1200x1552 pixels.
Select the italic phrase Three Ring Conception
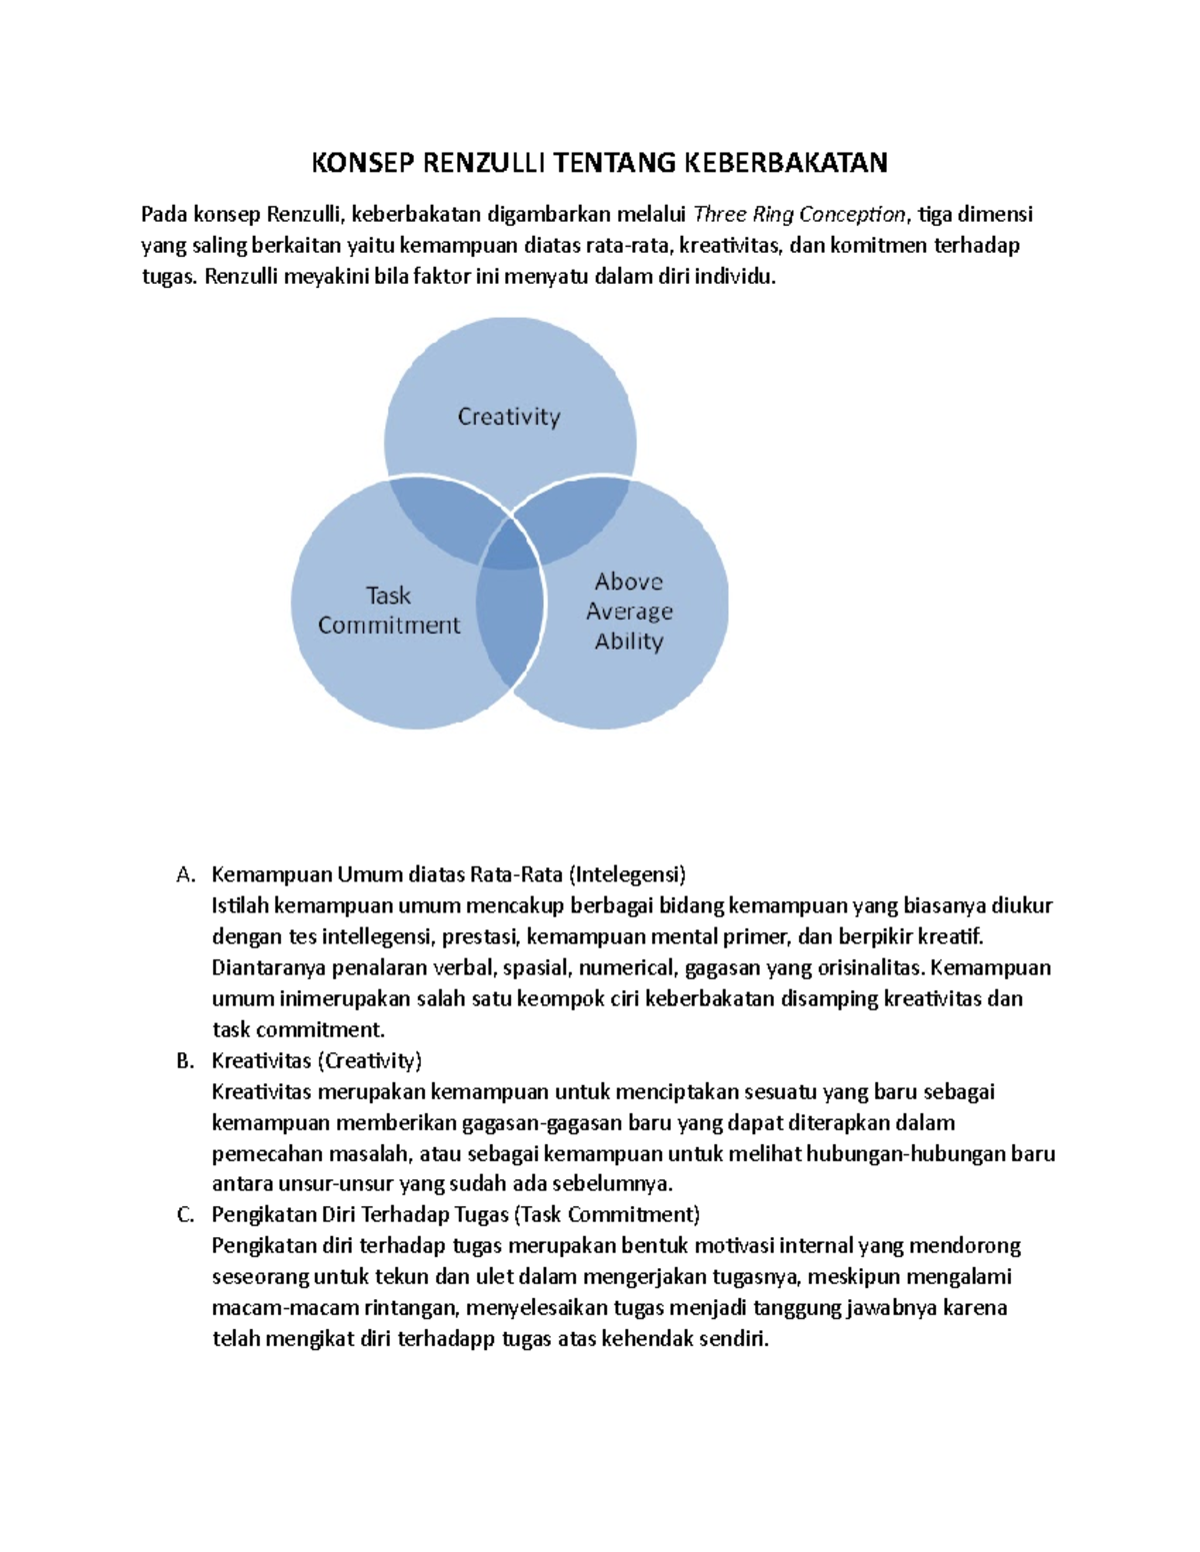(799, 214)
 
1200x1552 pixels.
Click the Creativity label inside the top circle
(509, 417)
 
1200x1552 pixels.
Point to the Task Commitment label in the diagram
(389, 611)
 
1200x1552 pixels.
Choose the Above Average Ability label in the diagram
(629, 612)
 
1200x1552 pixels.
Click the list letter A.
(185, 875)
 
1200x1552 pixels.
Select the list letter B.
(185, 1061)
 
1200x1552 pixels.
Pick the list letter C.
(185, 1215)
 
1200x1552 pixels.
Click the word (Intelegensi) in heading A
(627, 875)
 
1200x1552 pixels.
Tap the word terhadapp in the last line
(446, 1339)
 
